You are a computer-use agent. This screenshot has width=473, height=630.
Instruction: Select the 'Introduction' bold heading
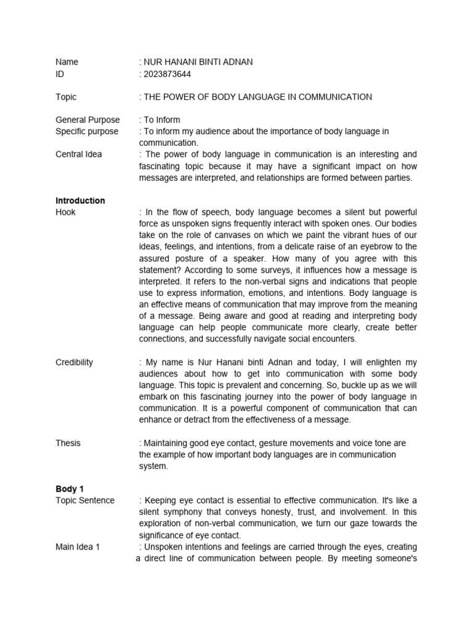[x=80, y=201]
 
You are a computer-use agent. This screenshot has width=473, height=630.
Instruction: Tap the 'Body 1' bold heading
[x=69, y=489]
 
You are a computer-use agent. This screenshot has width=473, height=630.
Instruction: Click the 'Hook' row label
[x=66, y=212]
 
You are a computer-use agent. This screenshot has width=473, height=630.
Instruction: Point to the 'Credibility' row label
[x=75, y=362]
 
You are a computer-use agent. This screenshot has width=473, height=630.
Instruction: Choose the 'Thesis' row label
[x=68, y=443]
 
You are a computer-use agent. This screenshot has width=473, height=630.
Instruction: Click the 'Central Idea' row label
[x=79, y=154]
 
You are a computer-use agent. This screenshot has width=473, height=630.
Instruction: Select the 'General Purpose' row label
[x=87, y=120]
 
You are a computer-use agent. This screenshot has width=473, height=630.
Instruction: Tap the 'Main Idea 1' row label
[x=78, y=547]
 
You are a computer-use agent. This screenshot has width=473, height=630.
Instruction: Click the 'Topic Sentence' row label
[x=85, y=500]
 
